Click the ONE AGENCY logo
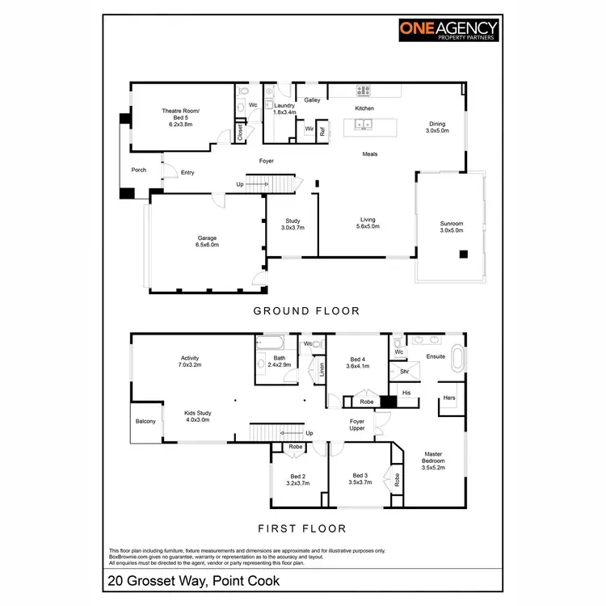[448, 31]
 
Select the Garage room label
[208, 242]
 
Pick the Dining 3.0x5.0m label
[437, 127]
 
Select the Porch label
[139, 170]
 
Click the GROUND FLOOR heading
[306, 310]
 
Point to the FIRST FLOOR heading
[301, 528]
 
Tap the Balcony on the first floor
[145, 422]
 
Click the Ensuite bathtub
[460, 358]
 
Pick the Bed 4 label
[358, 363]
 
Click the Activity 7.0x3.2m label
[190, 361]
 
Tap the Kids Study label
[197, 416]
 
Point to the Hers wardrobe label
[449, 398]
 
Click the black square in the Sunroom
[463, 255]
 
